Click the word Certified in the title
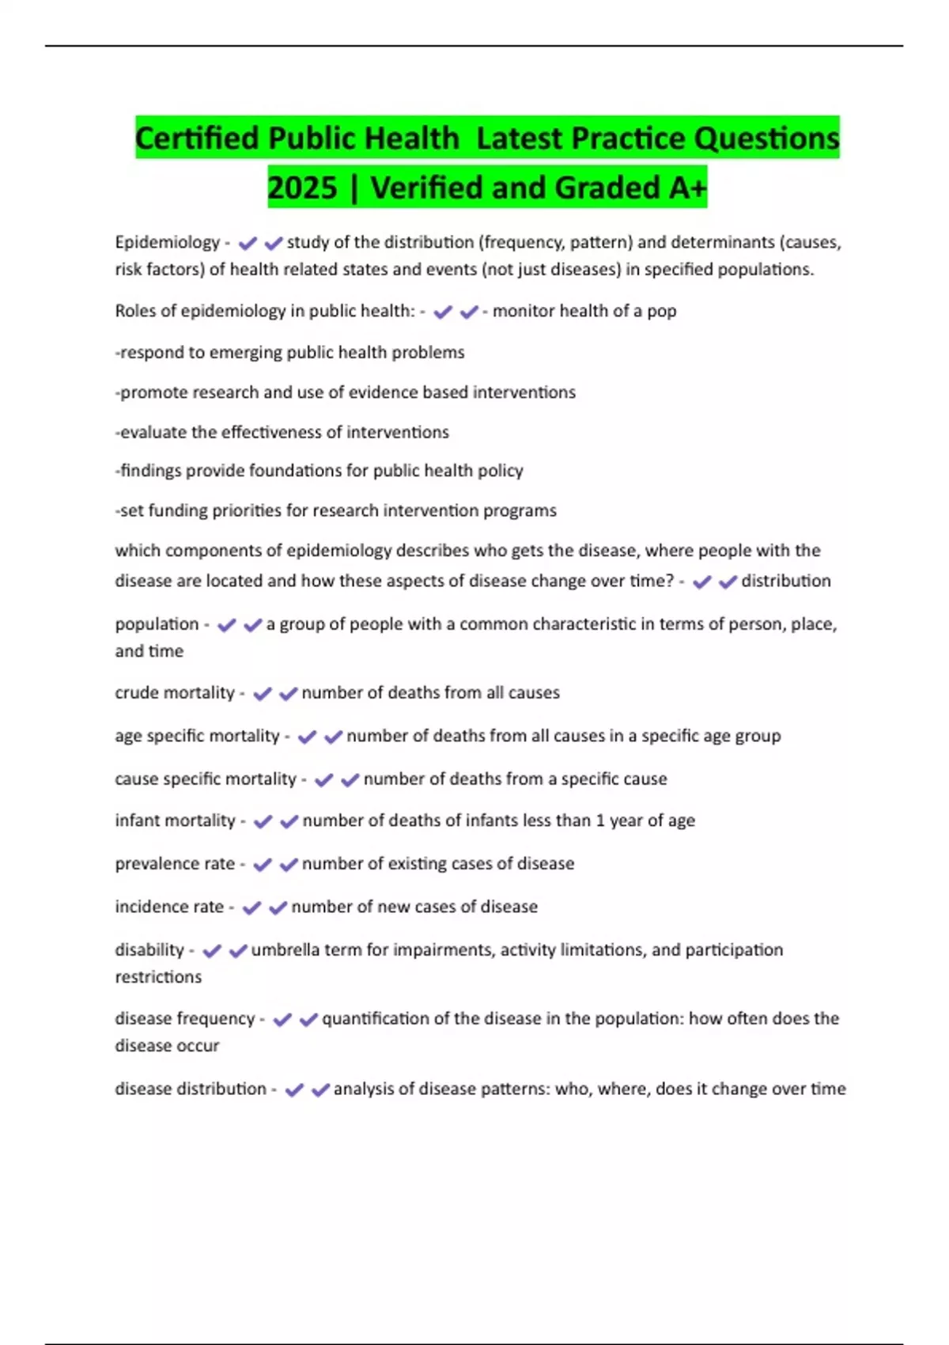tap(197, 138)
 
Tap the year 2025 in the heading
tap(302, 188)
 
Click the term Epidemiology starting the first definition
tap(167, 242)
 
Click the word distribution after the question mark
tap(785, 581)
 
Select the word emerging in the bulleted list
tap(270, 352)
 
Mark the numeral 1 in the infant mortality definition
tap(599, 820)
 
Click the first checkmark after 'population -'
tap(226, 625)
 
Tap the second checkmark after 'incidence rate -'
tap(278, 907)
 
